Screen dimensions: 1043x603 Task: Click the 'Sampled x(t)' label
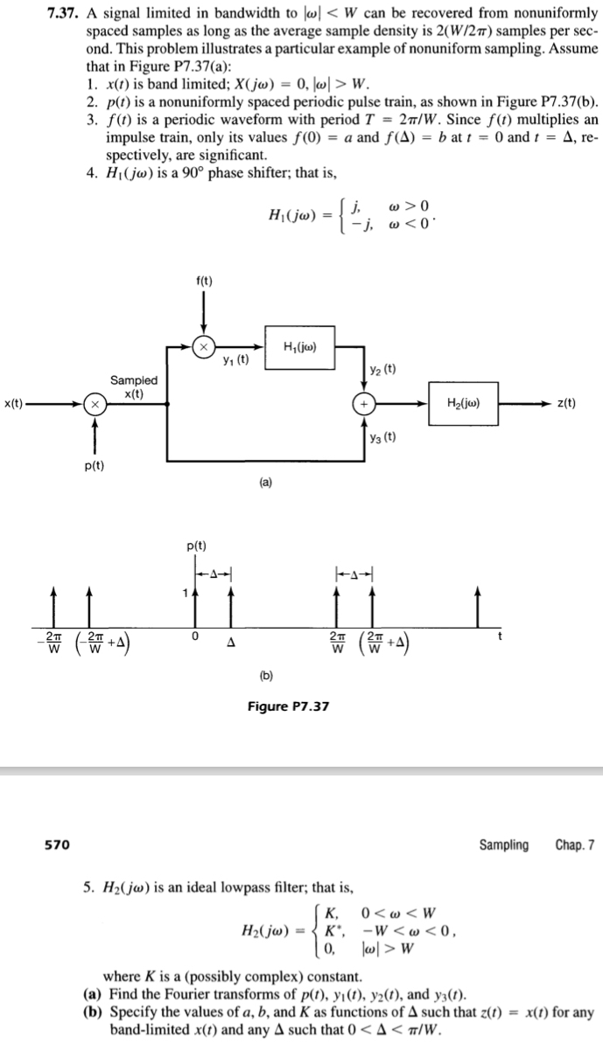tap(134, 386)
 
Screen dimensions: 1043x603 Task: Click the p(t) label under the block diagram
tap(95, 465)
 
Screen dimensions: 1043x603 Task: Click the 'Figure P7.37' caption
tap(287, 706)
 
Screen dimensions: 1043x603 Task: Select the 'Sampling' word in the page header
tap(503, 845)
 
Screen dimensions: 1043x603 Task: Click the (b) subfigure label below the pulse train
tap(263, 675)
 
